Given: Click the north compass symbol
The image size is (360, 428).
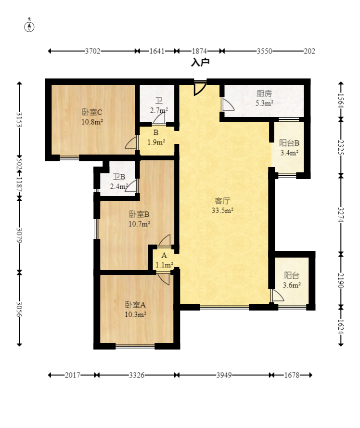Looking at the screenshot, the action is (x=29, y=26).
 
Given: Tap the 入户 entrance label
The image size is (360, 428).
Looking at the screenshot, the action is (x=200, y=62).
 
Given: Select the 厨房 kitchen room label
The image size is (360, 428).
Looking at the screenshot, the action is (x=264, y=93).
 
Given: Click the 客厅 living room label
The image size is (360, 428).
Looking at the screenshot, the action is (x=222, y=201).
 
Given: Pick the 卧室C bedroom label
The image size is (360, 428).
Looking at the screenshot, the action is (x=92, y=112).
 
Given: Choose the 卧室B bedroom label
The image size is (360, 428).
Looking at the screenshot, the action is (x=139, y=214).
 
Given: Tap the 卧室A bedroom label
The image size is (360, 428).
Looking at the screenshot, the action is (x=135, y=305).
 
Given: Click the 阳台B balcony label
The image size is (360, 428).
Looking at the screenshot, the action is (x=289, y=143).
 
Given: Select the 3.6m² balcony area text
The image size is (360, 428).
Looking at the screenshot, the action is (x=292, y=285).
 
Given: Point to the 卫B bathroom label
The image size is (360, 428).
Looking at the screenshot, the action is (x=119, y=177).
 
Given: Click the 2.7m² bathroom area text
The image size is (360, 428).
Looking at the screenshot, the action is (x=159, y=110).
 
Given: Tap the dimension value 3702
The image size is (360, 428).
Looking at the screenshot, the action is (x=92, y=51).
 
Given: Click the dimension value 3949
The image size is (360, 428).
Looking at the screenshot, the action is (x=224, y=375).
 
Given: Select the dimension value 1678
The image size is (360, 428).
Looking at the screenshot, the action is (x=292, y=375).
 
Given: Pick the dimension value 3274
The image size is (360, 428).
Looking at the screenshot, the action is (x=341, y=215).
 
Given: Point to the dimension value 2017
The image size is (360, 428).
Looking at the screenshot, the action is (x=72, y=375).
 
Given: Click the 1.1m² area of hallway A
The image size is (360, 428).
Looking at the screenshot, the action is (x=164, y=265).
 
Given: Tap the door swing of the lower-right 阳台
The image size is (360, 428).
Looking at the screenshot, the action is (x=277, y=296).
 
